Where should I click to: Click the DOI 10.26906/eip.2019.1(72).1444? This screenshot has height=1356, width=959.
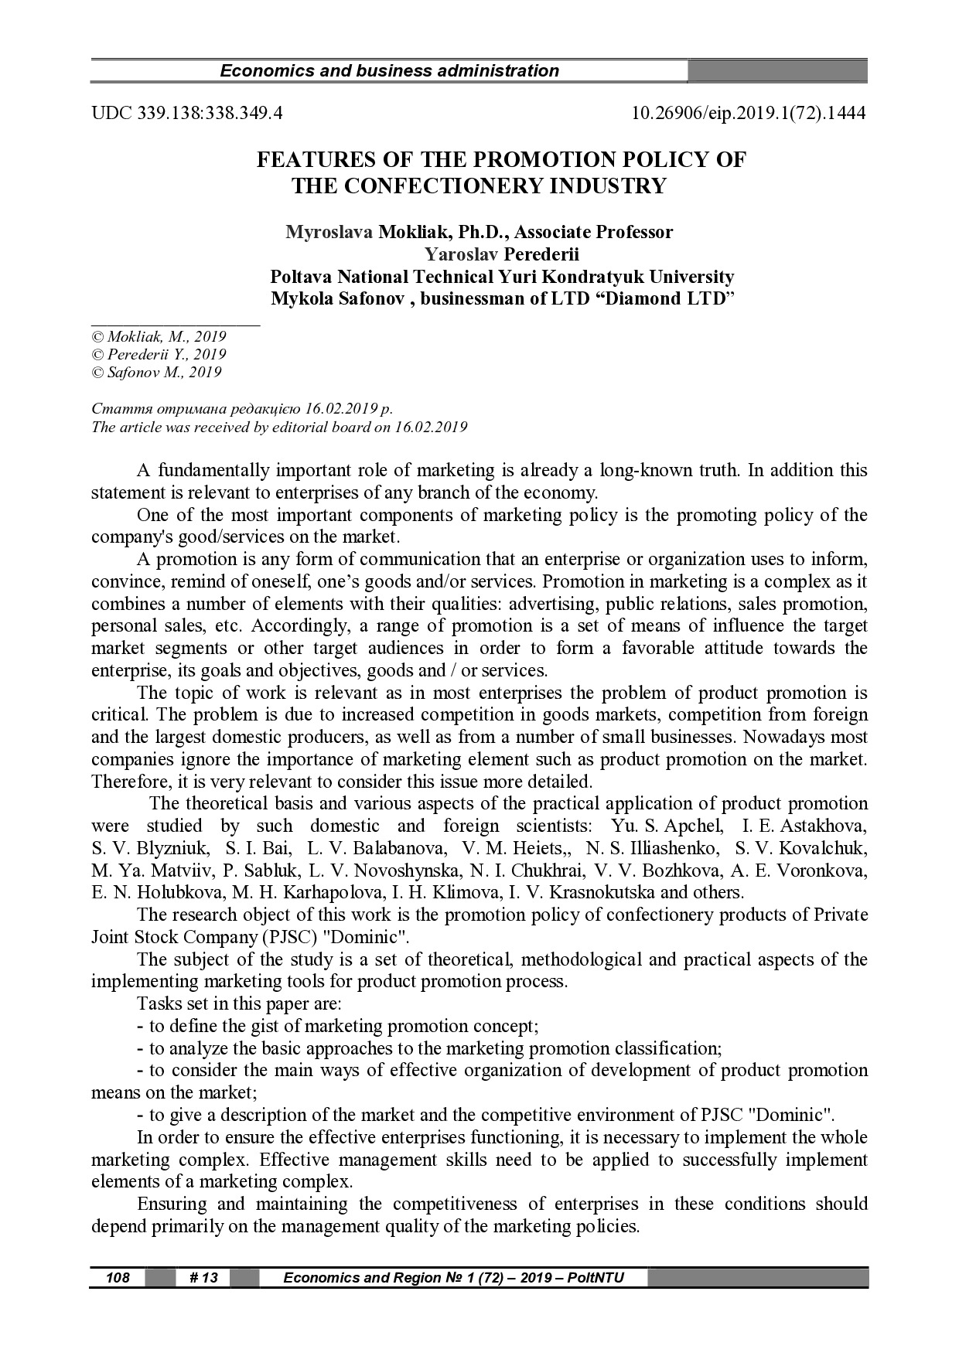point(749,114)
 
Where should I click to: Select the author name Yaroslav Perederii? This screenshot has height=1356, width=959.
point(501,254)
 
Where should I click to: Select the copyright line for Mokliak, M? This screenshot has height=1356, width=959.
point(159,337)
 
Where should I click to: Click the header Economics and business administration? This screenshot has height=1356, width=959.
point(389,71)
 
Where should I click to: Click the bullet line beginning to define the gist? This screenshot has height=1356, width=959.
point(337,1027)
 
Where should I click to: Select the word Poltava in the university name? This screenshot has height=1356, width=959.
point(302,277)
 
